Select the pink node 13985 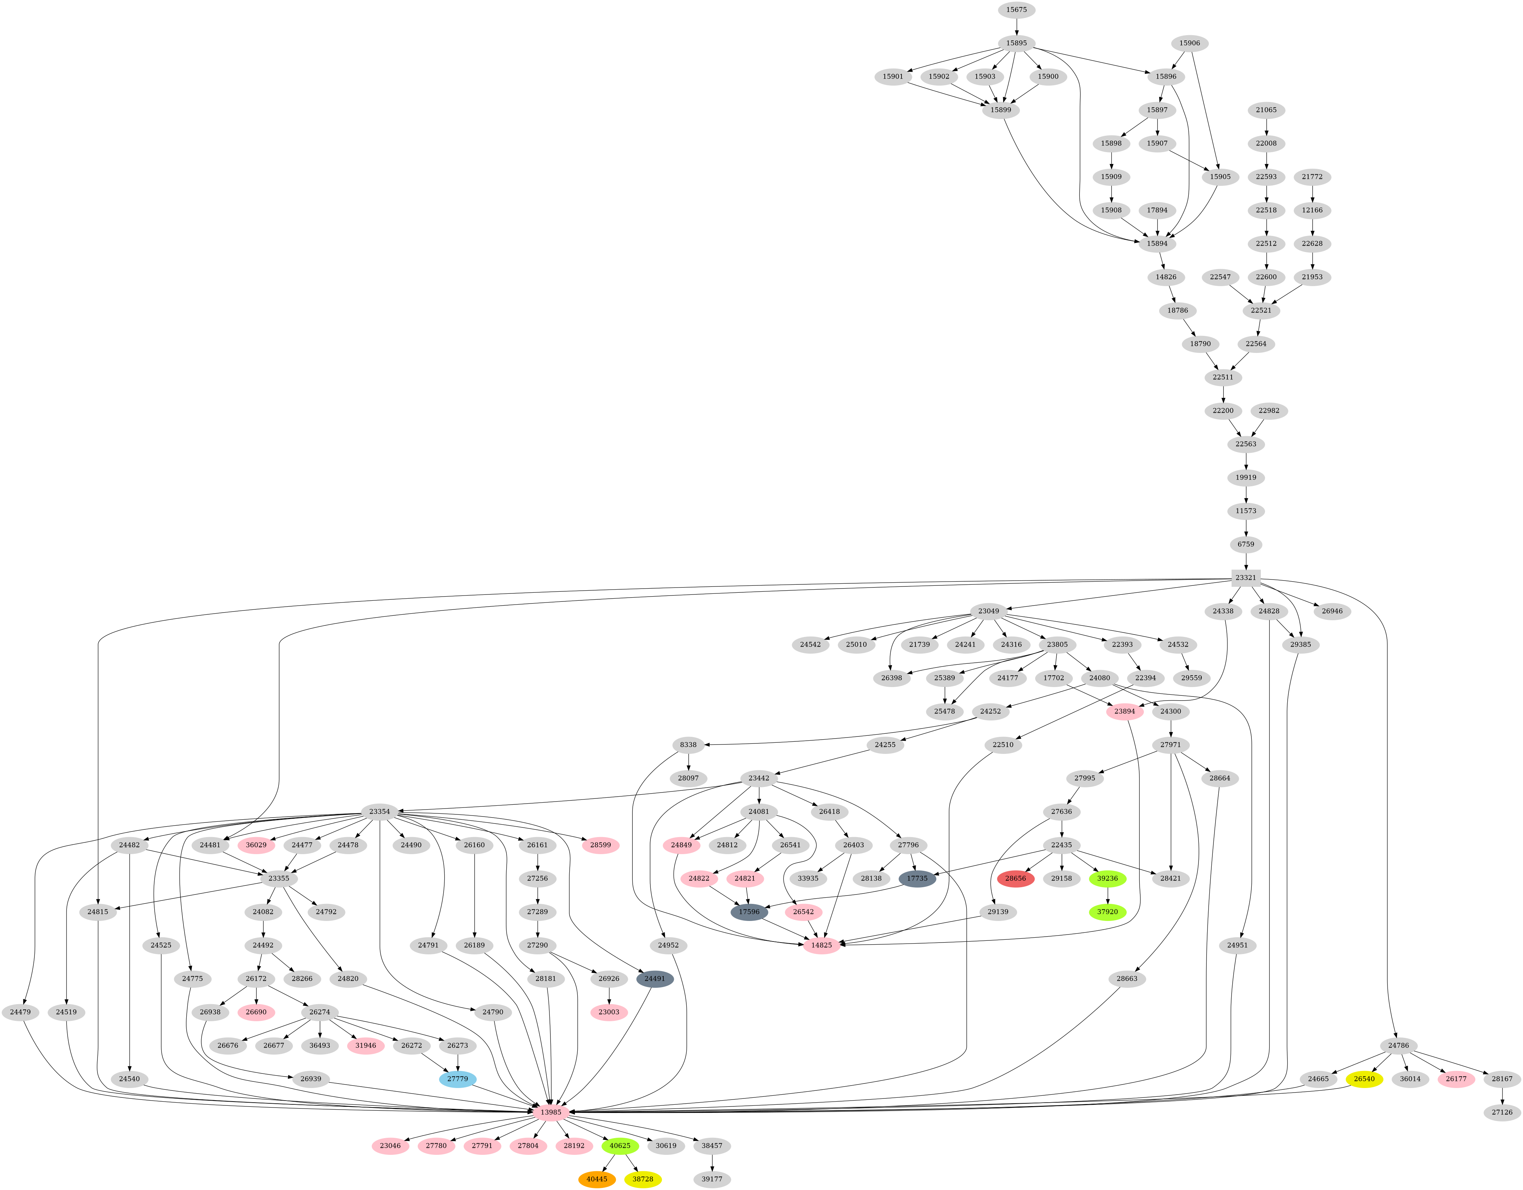(551, 1112)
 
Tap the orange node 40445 (597, 1179)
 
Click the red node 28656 (1015, 878)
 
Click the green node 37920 (1107, 912)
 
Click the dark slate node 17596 (749, 912)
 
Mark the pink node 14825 (821, 945)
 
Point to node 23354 (379, 811)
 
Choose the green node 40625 (620, 1145)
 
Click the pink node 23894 (1125, 711)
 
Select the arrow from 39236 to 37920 (1107, 895)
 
